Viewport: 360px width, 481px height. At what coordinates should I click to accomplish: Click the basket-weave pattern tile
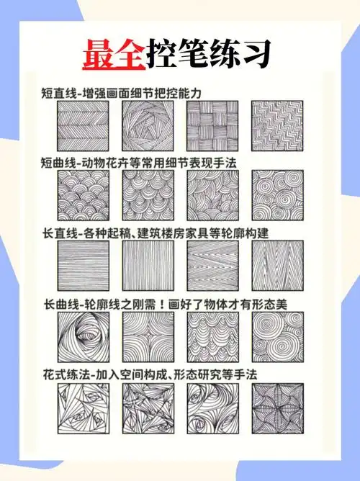[x=212, y=125]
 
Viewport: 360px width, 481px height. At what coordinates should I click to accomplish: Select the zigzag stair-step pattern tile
[x=277, y=125]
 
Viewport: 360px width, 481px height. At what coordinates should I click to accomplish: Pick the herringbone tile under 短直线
[x=83, y=125]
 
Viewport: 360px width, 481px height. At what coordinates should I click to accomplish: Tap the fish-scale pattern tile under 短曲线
[x=83, y=196]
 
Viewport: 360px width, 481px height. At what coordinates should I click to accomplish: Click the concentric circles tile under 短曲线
[x=277, y=196]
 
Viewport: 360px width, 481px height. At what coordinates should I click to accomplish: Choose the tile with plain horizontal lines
[x=83, y=266]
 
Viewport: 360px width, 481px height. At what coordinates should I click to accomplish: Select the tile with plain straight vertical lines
[x=148, y=266]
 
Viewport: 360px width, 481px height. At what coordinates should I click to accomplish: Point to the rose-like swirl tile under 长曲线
[x=83, y=336]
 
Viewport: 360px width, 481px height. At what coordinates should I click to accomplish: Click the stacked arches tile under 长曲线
[x=212, y=336]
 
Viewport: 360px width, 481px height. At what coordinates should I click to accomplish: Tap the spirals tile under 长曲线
[x=277, y=336]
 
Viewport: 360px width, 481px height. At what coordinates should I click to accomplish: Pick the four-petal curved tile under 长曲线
[x=148, y=336]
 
